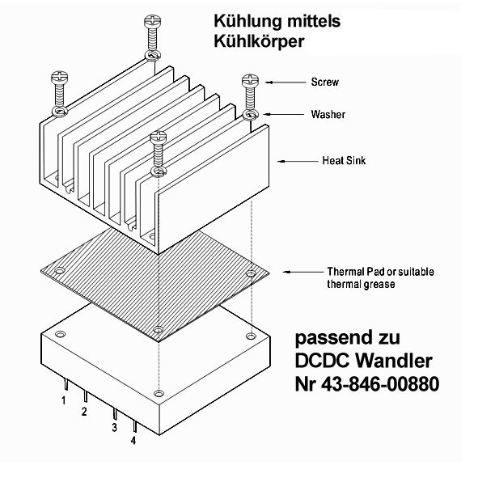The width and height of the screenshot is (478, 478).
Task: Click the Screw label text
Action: (324, 82)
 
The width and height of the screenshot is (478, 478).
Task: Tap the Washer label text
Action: (328, 114)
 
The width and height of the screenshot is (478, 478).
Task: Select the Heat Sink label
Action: (344, 161)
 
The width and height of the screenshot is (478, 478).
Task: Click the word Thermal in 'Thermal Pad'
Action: (345, 271)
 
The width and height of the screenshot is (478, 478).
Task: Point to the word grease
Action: (379, 284)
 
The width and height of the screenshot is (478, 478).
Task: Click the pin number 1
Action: (63, 400)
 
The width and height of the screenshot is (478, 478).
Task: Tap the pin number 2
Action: (84, 412)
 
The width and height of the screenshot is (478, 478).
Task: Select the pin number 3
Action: (114, 427)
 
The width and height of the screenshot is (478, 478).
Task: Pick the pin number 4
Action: (133, 440)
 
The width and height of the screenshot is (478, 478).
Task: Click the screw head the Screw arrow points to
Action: (250, 81)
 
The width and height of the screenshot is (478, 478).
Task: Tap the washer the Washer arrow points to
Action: (251, 115)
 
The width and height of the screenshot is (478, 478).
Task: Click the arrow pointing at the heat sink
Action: (298, 161)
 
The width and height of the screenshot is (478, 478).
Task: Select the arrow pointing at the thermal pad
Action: (303, 272)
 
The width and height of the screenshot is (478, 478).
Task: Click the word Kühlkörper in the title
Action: (259, 41)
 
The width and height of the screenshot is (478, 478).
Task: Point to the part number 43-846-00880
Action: (380, 384)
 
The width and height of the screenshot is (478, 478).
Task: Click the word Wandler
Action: (394, 361)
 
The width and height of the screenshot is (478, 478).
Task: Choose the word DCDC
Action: (322, 361)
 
